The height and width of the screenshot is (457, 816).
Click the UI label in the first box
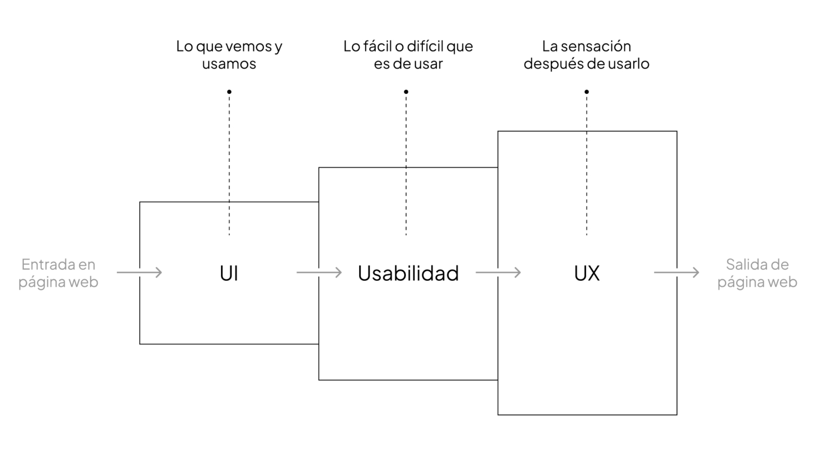click(229, 273)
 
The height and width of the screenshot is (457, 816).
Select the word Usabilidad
click(408, 273)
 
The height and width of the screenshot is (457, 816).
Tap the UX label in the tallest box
click(587, 273)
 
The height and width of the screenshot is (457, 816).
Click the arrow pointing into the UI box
click(139, 272)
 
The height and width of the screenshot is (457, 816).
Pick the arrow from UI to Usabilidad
click(319, 272)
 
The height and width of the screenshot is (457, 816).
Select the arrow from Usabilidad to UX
click(498, 272)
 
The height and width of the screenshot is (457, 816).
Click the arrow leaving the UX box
click(676, 272)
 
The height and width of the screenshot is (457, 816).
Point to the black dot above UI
click(229, 92)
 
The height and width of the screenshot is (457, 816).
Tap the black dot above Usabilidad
click(406, 92)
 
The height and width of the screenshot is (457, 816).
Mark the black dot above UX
click(586, 92)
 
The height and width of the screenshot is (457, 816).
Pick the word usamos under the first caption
click(229, 64)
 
